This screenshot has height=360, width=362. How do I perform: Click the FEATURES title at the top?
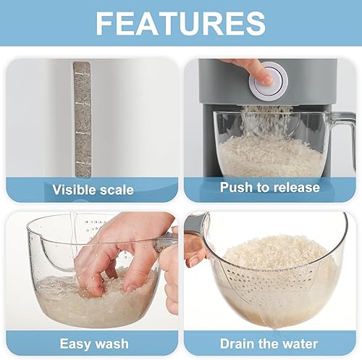(180, 23)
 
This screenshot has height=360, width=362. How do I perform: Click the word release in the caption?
(294, 188)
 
